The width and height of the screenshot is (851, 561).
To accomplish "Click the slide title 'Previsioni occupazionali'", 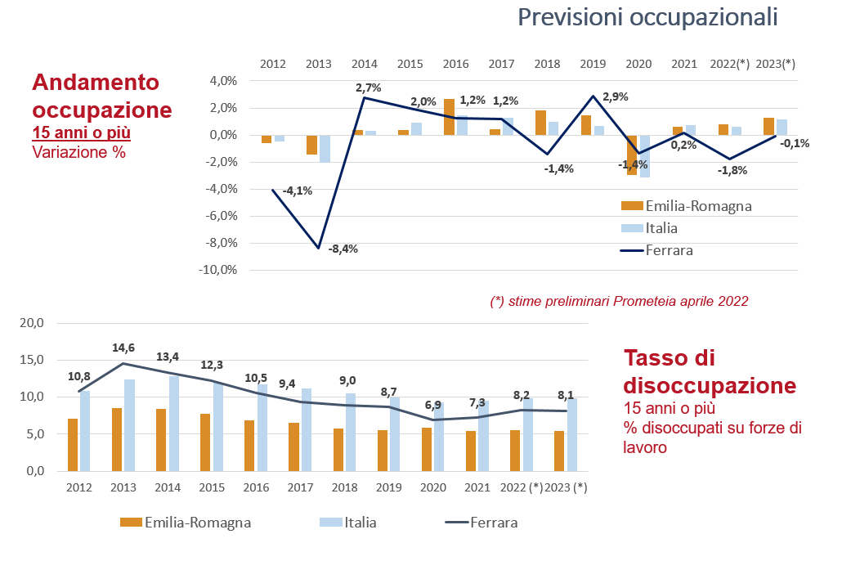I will click(647, 17).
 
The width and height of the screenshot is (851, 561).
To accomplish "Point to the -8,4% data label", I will click(344, 249).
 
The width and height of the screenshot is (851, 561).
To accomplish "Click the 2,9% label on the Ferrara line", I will click(615, 96).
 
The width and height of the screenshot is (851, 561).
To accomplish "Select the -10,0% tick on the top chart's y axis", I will click(218, 270).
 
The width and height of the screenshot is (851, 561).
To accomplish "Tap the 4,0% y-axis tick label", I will click(222, 81).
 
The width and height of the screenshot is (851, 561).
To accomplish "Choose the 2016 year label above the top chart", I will click(455, 63).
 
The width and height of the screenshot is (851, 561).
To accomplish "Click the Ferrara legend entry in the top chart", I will click(669, 250).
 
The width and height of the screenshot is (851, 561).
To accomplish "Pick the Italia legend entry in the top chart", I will click(661, 228).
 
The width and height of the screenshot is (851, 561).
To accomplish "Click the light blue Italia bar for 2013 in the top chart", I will click(325, 149).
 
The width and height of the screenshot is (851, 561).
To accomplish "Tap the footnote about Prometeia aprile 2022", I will click(619, 301).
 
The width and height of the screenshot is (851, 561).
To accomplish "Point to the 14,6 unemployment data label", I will click(123, 348).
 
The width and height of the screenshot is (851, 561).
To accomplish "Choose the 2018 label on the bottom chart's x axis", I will click(344, 487).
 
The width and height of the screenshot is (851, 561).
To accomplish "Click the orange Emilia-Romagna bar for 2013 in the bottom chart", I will click(118, 440).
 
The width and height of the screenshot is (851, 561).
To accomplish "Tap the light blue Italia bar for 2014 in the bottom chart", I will click(174, 424).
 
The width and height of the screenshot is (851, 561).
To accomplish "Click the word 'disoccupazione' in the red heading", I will click(709, 385).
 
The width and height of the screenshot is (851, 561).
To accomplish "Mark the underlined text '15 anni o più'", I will click(81, 132).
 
